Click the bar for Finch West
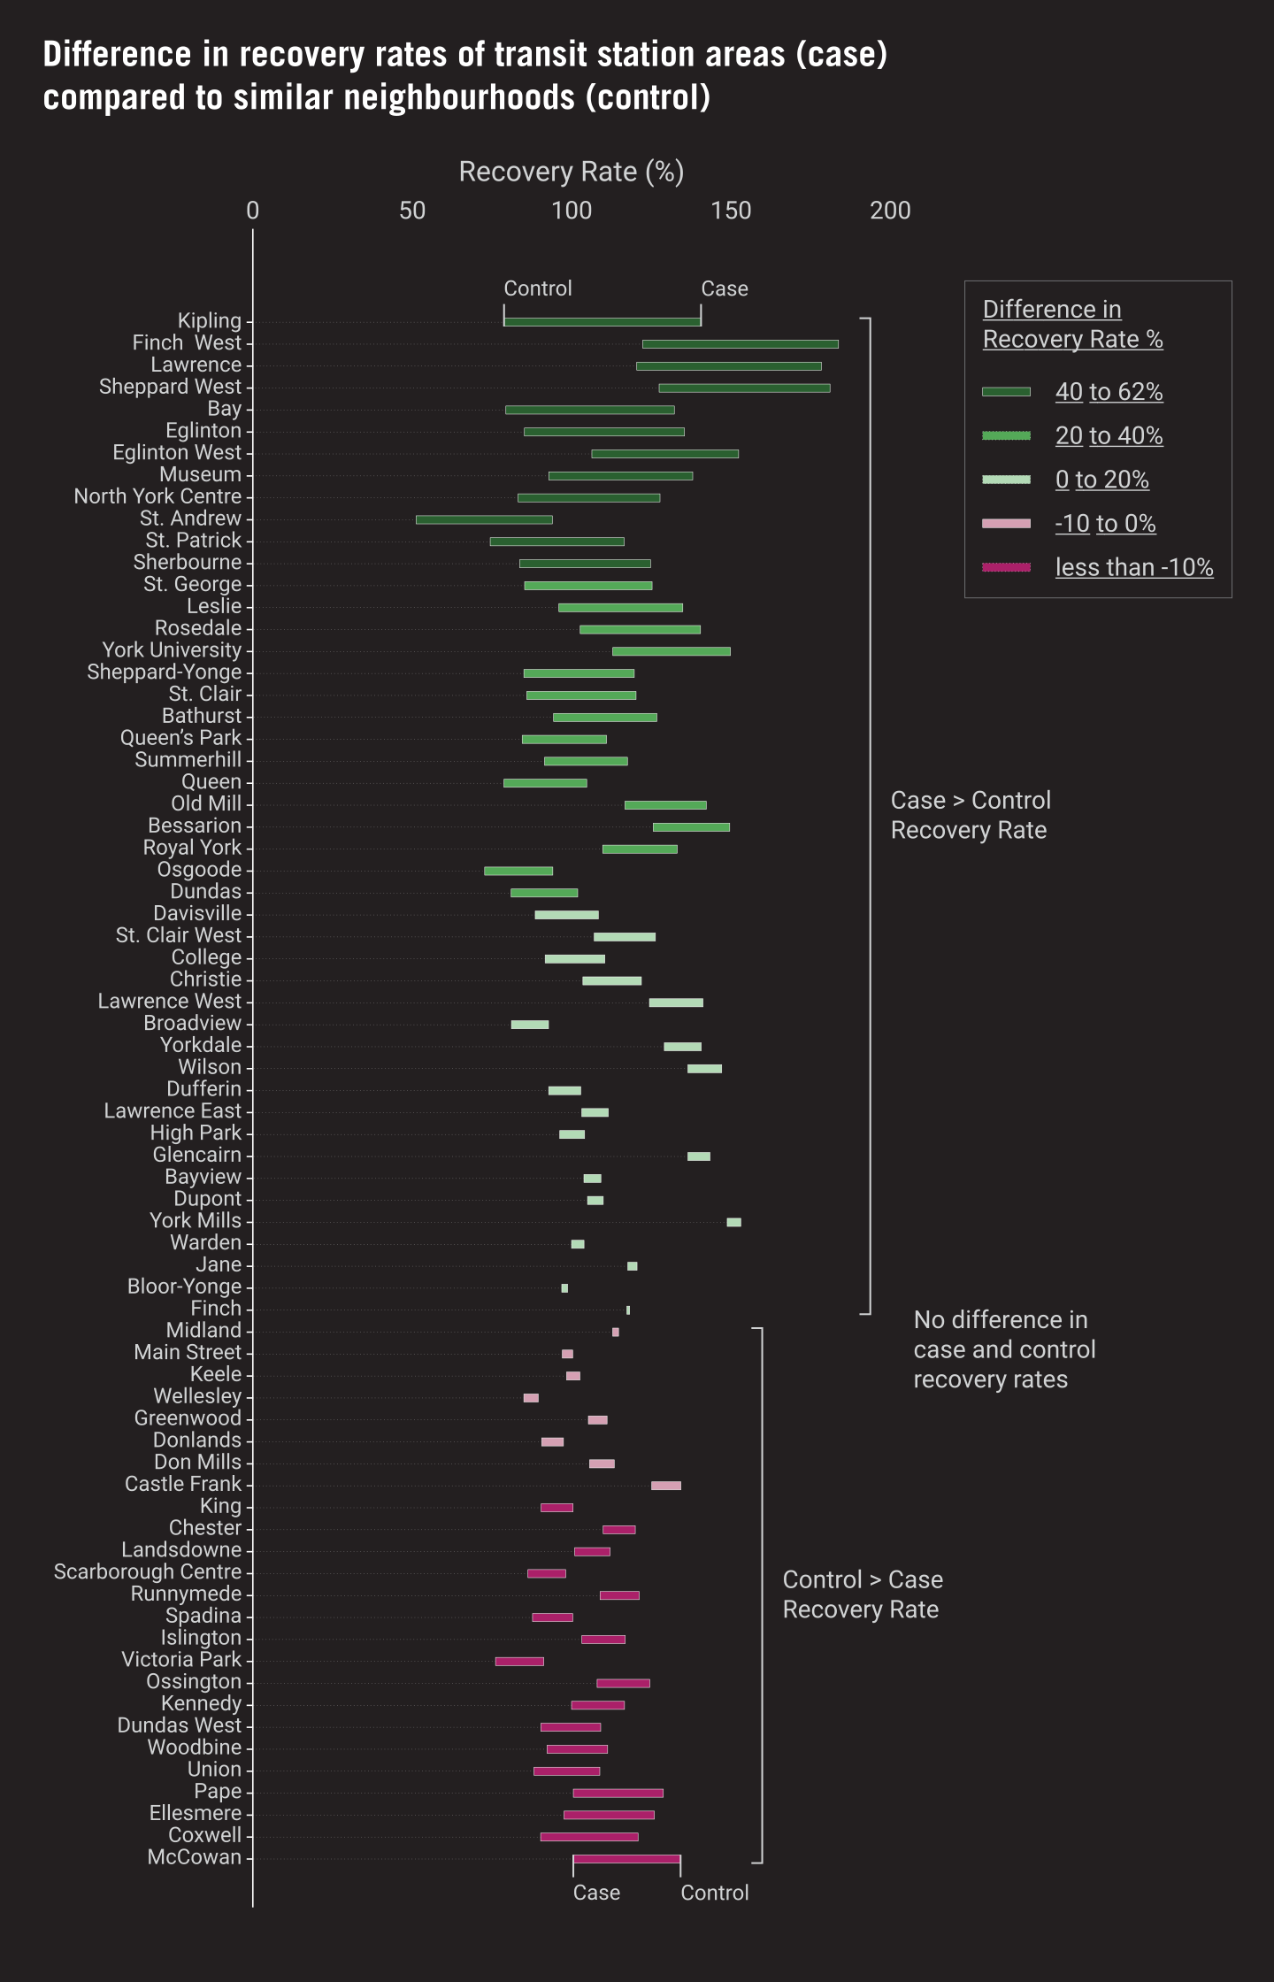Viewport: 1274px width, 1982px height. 740,344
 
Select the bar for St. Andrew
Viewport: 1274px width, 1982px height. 484,519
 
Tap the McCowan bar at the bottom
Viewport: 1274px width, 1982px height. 626,1859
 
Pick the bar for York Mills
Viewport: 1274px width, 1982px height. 733,1222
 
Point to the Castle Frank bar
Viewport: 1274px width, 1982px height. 665,1486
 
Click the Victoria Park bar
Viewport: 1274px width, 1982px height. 519,1662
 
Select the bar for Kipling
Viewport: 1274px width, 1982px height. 602,322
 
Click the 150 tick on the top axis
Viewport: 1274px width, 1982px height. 731,211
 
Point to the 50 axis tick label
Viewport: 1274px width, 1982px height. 412,211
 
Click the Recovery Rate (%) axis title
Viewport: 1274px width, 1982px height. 571,172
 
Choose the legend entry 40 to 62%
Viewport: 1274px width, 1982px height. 1109,392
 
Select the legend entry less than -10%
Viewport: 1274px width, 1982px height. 1133,567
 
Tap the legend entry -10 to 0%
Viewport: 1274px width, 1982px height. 1105,524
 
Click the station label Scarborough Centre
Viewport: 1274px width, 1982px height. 148,1572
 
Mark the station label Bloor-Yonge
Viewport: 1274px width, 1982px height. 184,1287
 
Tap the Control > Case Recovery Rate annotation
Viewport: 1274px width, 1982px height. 862,1594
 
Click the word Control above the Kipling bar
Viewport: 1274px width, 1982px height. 537,288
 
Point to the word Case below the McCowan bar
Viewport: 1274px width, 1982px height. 596,1893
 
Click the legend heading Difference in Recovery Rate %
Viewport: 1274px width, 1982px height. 1071,324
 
